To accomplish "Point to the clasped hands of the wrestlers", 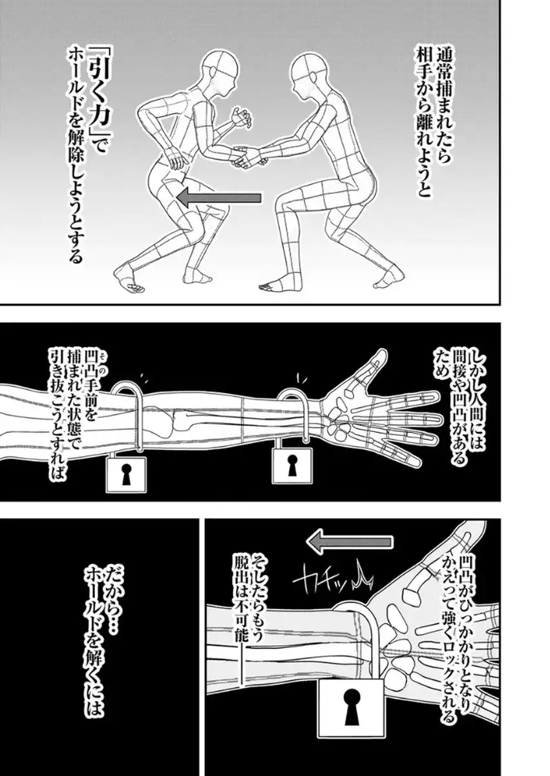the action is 249,156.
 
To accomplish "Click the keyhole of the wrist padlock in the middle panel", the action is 291,464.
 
